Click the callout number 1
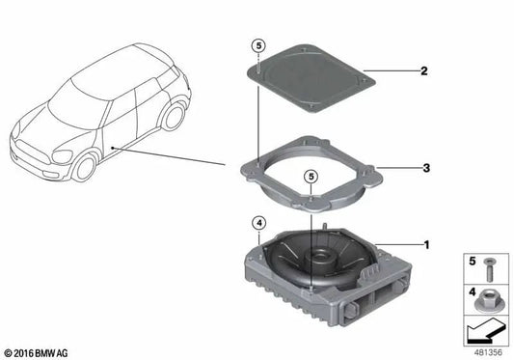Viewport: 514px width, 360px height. click(x=426, y=246)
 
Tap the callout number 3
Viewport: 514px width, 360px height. click(x=425, y=167)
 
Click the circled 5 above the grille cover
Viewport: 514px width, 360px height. click(x=257, y=44)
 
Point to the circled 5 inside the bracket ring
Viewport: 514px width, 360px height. click(x=310, y=176)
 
